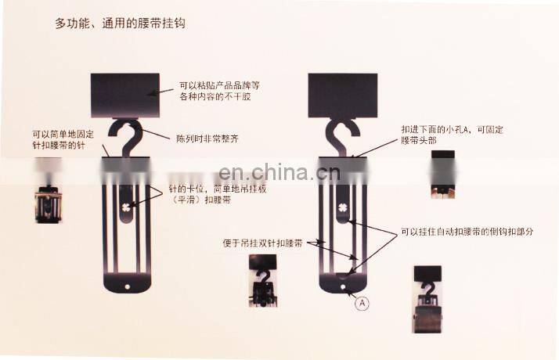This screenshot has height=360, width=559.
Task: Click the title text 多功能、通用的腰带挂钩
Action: click(x=120, y=23)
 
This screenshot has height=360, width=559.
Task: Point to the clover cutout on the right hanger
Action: click(x=342, y=207)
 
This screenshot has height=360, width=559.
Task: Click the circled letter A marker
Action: click(x=362, y=302)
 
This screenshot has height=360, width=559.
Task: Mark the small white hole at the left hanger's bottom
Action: click(x=125, y=286)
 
